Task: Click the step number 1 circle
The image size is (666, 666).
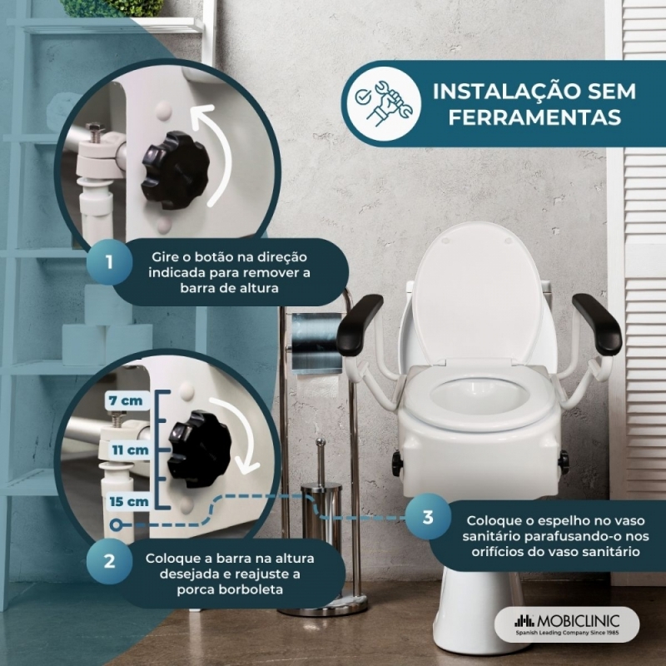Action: [109, 261]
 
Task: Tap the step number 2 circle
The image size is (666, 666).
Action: [109, 561]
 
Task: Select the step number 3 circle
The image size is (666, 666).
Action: [428, 517]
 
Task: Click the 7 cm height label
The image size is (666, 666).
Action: [126, 400]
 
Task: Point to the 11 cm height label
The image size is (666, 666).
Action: [131, 450]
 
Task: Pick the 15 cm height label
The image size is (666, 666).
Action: [129, 502]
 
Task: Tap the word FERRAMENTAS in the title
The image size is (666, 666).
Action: [535, 117]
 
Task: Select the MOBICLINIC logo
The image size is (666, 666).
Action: [567, 624]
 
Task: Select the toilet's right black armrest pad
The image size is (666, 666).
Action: [596, 324]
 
